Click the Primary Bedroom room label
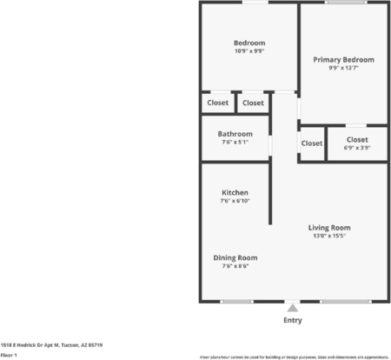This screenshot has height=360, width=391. point(343,60)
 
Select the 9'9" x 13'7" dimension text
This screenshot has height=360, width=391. point(343,69)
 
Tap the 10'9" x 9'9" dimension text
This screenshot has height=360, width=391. point(249,51)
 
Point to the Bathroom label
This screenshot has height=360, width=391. point(235,134)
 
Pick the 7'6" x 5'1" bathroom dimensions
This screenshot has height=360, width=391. point(235,143)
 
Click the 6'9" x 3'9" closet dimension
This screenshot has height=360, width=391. point(356,148)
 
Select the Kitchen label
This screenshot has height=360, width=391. point(235,192)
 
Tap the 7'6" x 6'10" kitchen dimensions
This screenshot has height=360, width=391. point(235,201)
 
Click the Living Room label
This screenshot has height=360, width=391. point(329,228)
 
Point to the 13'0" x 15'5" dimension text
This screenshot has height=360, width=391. point(329,237)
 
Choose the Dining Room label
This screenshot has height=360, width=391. point(235,257)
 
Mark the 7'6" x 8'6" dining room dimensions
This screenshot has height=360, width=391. point(235,266)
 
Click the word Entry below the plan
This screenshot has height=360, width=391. point(293,320)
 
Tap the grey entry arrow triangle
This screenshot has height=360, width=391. point(293,308)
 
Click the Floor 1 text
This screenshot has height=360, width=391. point(10,355)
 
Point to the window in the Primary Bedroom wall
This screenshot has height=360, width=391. point(345,3)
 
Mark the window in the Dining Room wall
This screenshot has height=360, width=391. point(235,301)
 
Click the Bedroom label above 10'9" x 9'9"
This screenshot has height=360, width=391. point(249,43)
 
